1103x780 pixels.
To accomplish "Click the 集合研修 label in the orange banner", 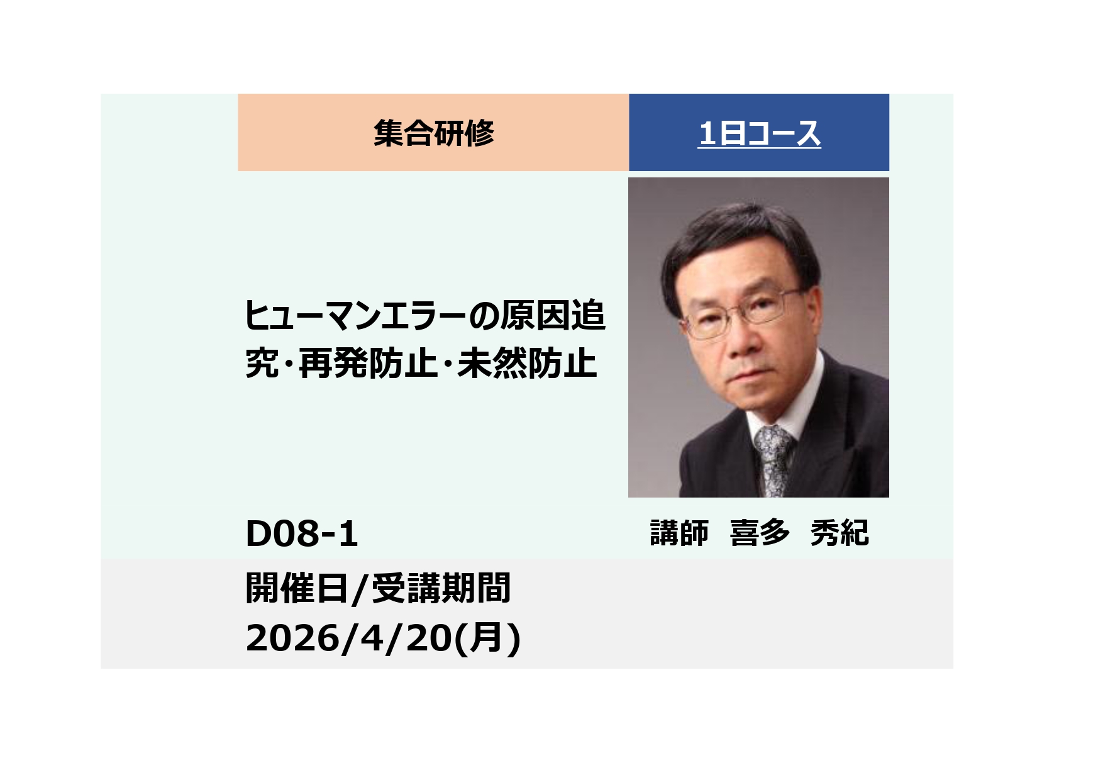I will (x=434, y=133).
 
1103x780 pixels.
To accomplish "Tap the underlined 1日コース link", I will (x=759, y=133).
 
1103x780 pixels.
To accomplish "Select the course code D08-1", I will (x=301, y=534).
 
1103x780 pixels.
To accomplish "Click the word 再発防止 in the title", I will (x=368, y=364).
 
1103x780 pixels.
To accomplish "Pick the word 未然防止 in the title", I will (x=527, y=364).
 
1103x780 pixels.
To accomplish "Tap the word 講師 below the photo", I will (x=679, y=533).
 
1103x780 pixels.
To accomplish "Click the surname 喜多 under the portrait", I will (x=760, y=533).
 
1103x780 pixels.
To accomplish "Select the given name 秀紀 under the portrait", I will (x=840, y=533).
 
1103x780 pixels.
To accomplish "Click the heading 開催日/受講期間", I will (x=377, y=589).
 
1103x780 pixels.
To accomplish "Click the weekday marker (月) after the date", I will (x=487, y=638).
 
